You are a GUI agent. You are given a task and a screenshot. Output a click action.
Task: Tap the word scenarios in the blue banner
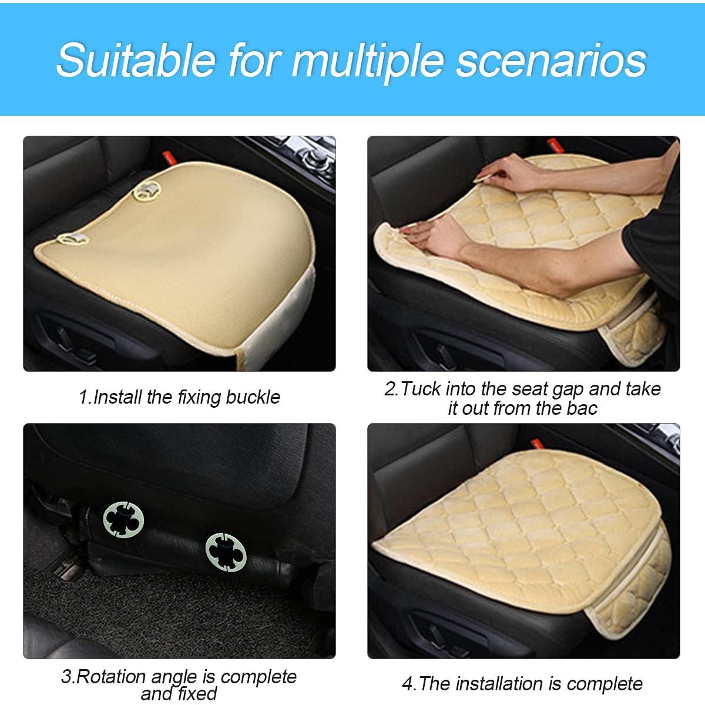click(x=551, y=60)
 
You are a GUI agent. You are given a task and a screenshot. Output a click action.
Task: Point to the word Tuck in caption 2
click(x=421, y=389)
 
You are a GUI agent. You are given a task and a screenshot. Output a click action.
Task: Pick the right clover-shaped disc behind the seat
click(x=226, y=551)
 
